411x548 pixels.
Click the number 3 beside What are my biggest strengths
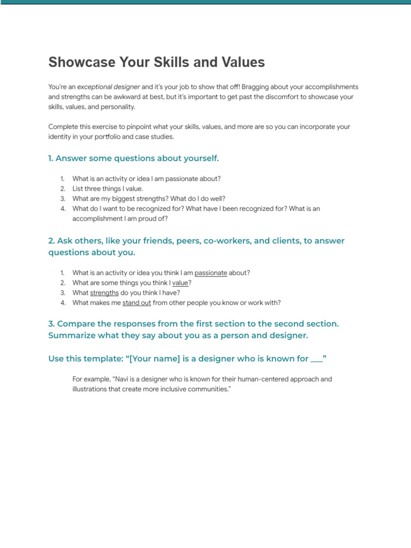[62, 199]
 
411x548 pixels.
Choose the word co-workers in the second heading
[224, 241]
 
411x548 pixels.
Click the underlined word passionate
[211, 273]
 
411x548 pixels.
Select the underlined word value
[180, 283]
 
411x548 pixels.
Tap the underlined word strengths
[104, 293]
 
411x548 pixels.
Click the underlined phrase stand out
[137, 303]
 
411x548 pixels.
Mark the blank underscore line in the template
[316, 359]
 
